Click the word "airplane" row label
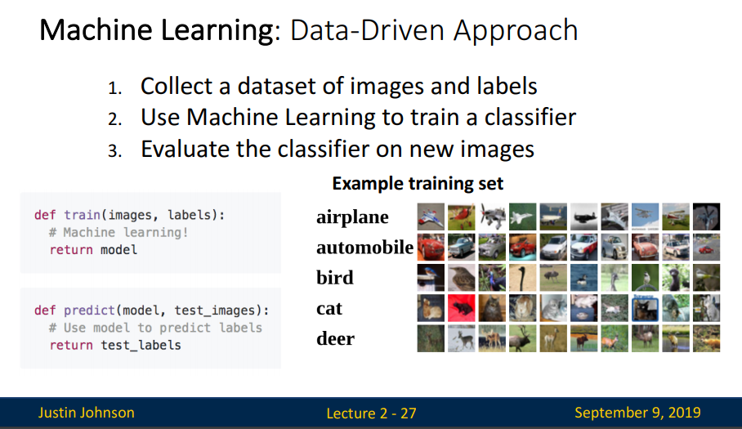click(352, 217)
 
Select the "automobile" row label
click(364, 247)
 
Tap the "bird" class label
click(335, 277)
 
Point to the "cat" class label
click(329, 308)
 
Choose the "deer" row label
click(336, 338)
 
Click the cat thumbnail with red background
click(462, 308)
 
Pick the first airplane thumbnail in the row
click(431, 217)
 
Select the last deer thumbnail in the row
click(707, 338)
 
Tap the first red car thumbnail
click(431, 247)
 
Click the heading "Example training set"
click(418, 184)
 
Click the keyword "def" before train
click(45, 215)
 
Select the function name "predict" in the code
click(89, 311)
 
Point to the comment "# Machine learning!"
click(118, 233)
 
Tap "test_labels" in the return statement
click(141, 346)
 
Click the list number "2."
click(115, 118)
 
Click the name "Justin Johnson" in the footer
click(86, 413)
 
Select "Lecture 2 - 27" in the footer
click(372, 413)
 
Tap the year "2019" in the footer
click(685, 413)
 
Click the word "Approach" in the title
click(516, 31)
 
